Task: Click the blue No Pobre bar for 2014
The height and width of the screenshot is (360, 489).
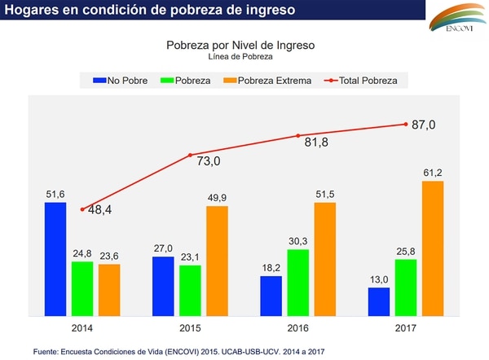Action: (55, 259)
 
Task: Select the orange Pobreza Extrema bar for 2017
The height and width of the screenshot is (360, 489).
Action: (433, 248)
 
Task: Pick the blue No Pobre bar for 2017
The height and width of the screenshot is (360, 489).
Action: (378, 301)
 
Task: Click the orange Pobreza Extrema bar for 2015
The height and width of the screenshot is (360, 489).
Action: (217, 261)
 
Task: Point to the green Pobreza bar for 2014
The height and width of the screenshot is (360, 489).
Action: (82, 288)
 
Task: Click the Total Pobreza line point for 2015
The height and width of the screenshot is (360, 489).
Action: (191, 155)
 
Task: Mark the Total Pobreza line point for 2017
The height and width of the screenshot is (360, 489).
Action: (406, 124)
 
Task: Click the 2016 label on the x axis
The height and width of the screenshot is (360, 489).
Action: (298, 327)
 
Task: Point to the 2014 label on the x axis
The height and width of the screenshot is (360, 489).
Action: (82, 327)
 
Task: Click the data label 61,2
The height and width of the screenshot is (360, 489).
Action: (433, 172)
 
